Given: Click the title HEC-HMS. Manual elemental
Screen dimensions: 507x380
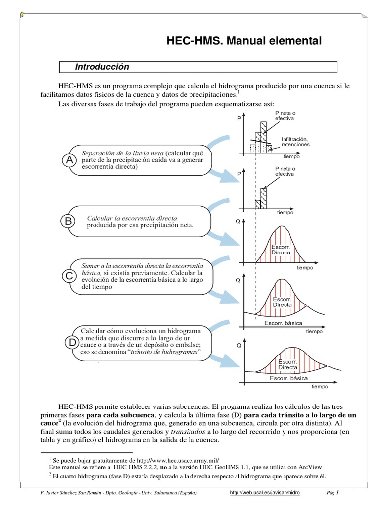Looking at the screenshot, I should (x=243, y=41).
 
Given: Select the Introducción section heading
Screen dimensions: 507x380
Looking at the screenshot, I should (x=101, y=67).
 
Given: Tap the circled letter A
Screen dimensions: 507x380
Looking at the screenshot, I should (x=70, y=160).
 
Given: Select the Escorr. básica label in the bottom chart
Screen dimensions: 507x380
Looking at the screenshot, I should (x=288, y=378).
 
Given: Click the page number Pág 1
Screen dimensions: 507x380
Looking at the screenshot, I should (x=332, y=493).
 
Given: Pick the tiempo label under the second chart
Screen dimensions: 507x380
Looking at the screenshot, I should (x=285, y=212).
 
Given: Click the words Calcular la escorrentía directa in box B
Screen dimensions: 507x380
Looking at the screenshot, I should (x=132, y=218).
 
